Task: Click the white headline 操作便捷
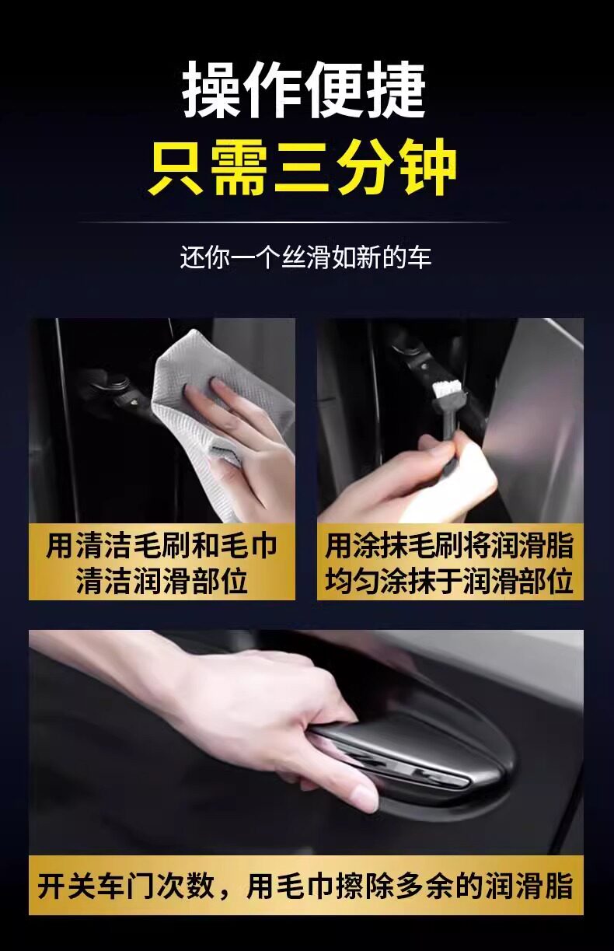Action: coord(304,90)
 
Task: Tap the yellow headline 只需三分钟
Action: coord(302,167)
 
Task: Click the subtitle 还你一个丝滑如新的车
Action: coord(306,257)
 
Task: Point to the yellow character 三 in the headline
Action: coord(302,168)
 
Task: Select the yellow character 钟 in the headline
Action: coord(427,167)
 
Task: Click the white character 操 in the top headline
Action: coord(211,90)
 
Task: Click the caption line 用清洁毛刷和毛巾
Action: coord(162,546)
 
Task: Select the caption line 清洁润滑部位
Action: coord(162,581)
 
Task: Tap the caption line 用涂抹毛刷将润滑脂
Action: coord(450,546)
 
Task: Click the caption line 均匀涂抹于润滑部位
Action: coord(450,581)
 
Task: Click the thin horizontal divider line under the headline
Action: coord(293,222)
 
